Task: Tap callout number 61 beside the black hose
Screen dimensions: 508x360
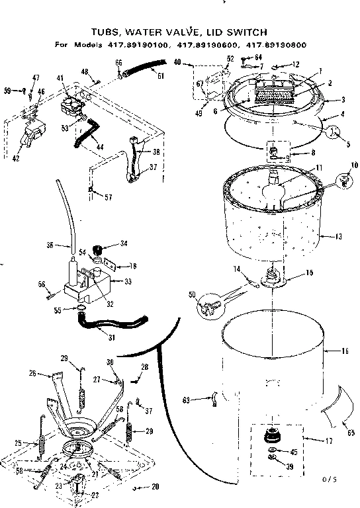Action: tap(160, 75)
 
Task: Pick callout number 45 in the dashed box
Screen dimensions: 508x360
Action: tap(294, 452)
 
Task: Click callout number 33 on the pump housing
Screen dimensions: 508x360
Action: tap(128, 281)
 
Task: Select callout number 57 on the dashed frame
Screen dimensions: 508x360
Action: tap(100, 197)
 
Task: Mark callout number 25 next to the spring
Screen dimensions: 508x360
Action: tap(19, 443)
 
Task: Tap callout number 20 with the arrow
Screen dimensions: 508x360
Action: tap(156, 487)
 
